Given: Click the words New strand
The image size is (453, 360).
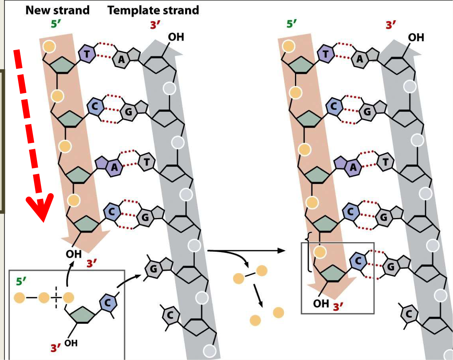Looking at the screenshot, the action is point(57,10).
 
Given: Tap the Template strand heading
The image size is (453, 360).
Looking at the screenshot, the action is point(153,10).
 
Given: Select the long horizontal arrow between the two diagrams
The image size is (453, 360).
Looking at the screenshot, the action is point(246,251).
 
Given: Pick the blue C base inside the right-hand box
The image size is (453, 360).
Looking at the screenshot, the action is point(358,261).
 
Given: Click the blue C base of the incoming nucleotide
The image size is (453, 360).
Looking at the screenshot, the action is point(108,303).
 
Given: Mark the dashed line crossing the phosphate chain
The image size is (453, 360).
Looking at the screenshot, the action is point(56,298).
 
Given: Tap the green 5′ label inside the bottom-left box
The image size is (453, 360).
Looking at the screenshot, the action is point(21,281).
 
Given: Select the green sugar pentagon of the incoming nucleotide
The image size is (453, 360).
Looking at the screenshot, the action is point(82,315).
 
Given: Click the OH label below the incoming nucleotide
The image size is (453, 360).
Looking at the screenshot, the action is point(71,343).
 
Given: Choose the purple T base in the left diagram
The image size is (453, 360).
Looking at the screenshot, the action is point(87,54).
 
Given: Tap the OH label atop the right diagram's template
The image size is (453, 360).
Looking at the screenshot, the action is point(416,37).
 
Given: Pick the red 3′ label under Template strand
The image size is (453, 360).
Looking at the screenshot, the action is point(155,25).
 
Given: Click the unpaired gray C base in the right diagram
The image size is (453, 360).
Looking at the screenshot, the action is point(409,314).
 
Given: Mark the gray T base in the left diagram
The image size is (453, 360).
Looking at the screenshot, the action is point(147,162).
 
